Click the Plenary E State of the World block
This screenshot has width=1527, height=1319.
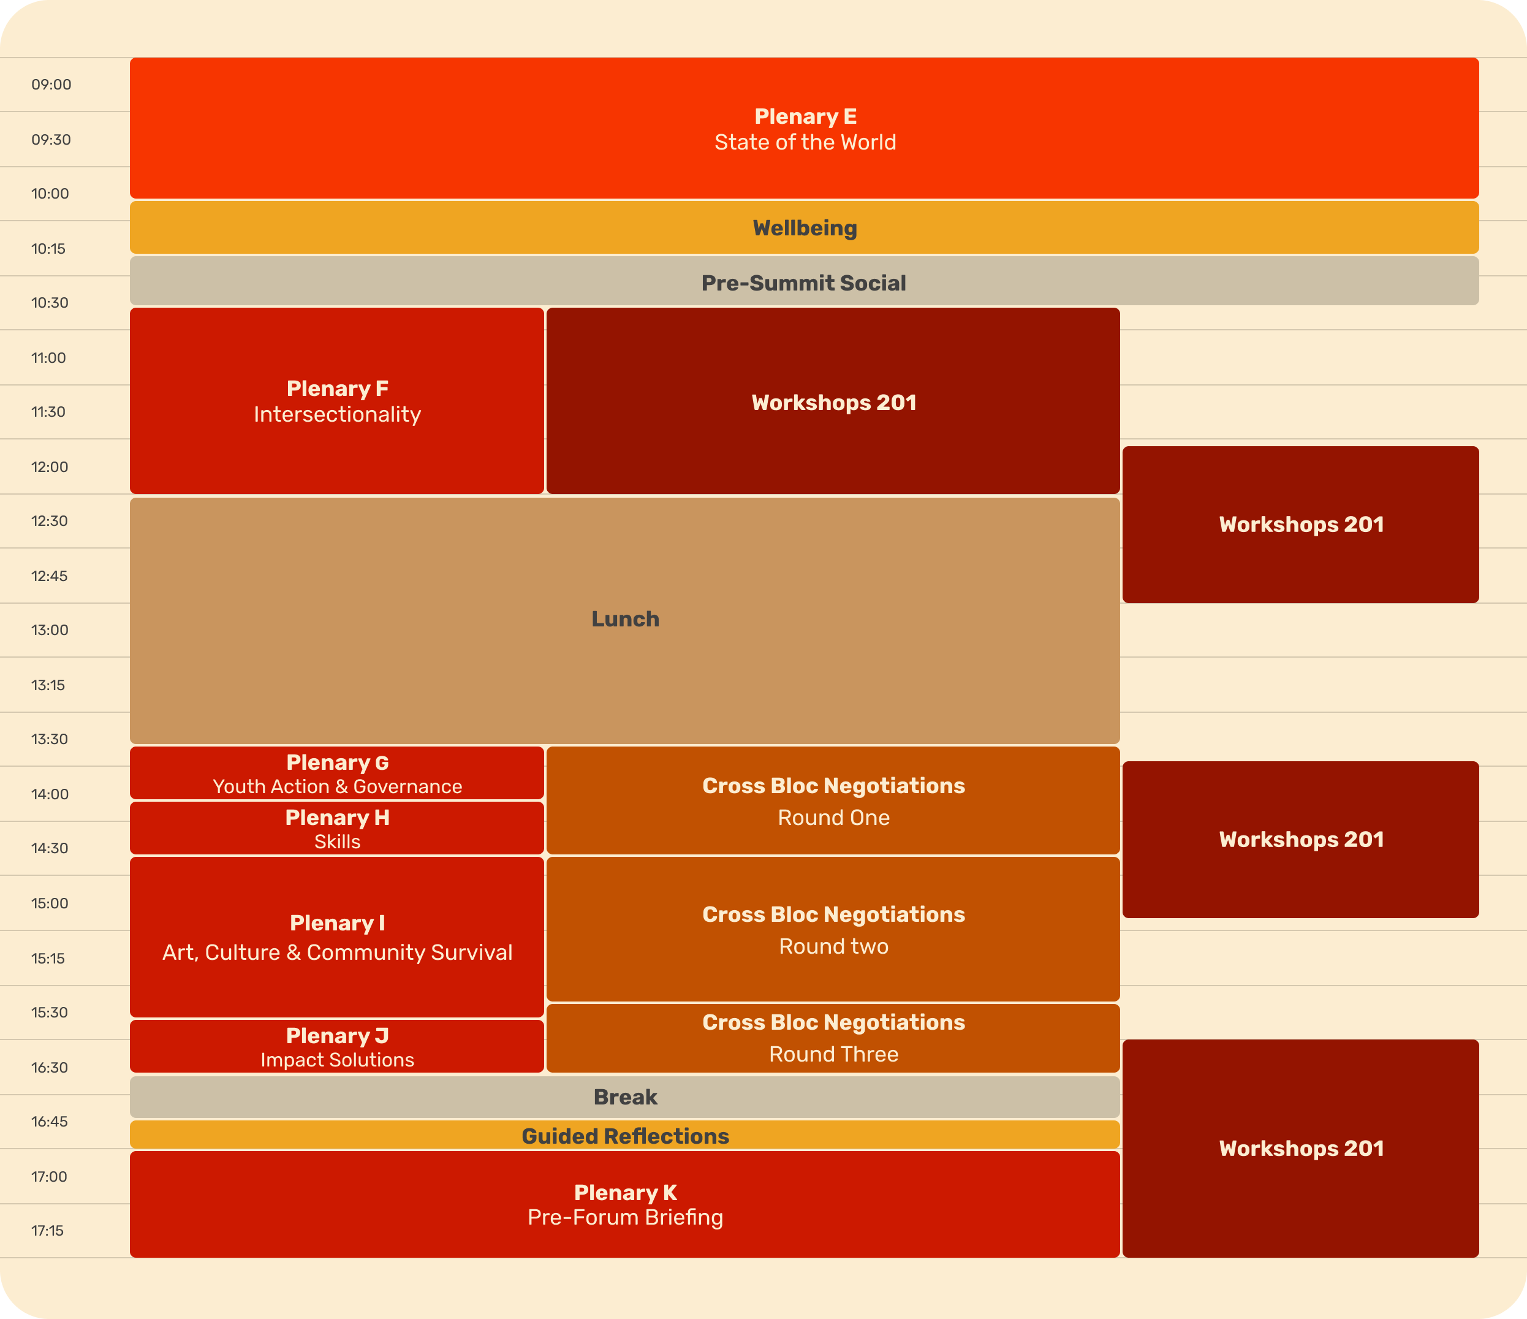pos(804,128)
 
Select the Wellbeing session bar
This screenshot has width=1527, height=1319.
pos(804,228)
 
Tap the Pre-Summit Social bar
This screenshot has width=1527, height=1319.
pos(804,282)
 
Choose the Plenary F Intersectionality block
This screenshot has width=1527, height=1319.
pos(337,401)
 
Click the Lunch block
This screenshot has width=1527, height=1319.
pos(625,619)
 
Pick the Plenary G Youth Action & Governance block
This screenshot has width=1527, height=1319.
pos(337,774)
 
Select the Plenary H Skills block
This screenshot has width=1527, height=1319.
pos(337,828)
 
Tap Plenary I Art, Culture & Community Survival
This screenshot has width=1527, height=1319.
pos(337,937)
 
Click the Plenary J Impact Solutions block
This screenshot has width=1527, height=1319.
pos(337,1046)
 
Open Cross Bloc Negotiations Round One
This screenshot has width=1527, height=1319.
pos(833,800)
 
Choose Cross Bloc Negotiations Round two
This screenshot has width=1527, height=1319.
pos(833,929)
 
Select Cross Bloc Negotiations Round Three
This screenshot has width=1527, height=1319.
pos(833,1038)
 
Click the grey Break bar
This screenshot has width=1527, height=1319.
pos(625,1097)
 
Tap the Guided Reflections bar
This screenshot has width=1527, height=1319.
pos(625,1135)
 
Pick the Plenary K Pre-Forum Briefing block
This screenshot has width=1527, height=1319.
pos(625,1204)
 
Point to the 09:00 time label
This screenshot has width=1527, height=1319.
pos(51,85)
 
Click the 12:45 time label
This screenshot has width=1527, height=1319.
pos(50,576)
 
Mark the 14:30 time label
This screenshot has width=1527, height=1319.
pos(50,848)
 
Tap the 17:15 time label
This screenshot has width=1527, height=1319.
pos(48,1231)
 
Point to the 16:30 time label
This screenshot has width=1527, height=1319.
pos(50,1068)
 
